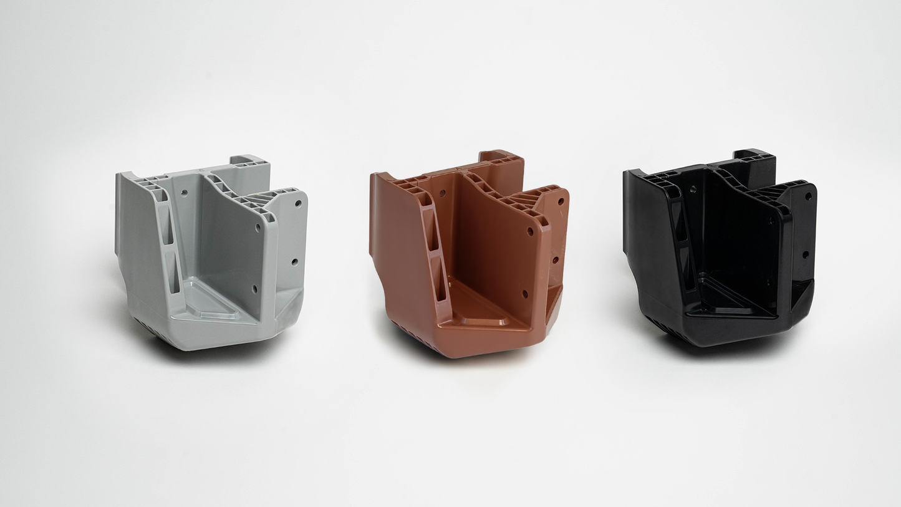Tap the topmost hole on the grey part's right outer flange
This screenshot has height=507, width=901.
click(297, 204)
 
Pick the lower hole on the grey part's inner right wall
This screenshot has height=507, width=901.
click(254, 289)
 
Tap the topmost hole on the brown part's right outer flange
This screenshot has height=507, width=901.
click(561, 201)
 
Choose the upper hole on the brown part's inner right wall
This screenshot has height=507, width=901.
click(530, 231)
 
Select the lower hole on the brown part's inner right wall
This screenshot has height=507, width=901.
click(524, 293)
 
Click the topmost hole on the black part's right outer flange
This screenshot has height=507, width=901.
click(808, 196)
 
